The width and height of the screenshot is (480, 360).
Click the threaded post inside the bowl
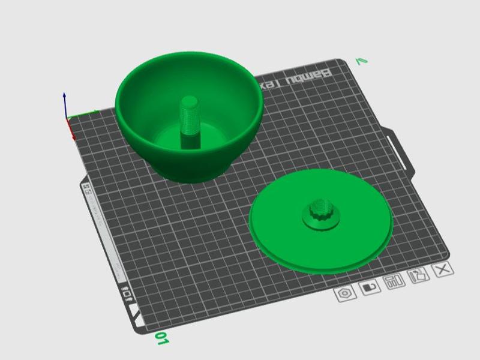tap(190, 120)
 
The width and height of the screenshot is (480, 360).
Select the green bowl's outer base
tap(186, 168)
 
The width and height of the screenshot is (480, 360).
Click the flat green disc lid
tap(282, 234)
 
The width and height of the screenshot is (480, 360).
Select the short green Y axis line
tap(84, 113)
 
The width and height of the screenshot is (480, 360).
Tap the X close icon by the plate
tap(443, 269)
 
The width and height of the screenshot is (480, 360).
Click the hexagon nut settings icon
tap(345, 294)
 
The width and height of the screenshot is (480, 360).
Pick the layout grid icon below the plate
tap(394, 282)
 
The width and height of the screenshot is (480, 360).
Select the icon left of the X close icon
tap(419, 275)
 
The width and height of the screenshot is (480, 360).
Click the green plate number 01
tap(161, 339)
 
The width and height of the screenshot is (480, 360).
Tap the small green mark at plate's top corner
tap(361, 61)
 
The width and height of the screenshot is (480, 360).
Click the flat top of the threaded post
tap(190, 101)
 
